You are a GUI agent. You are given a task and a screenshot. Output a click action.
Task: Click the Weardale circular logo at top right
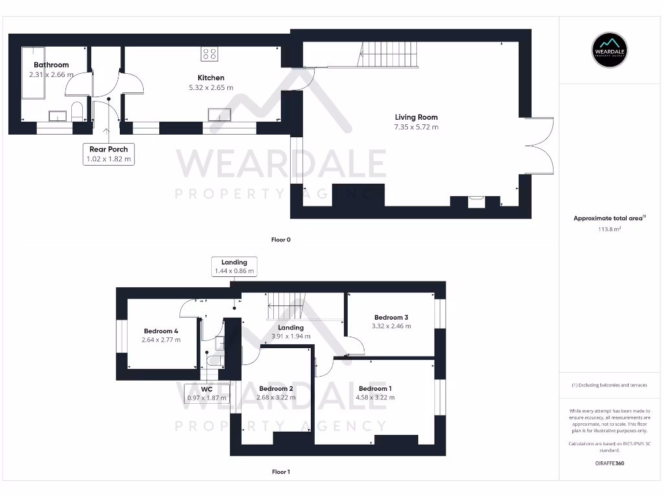click(x=610, y=50)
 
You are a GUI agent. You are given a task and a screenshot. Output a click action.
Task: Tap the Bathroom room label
click(x=51, y=65)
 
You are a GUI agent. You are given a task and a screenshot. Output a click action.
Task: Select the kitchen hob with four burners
click(x=209, y=54)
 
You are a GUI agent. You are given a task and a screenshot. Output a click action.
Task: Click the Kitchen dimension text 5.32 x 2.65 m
click(x=211, y=87)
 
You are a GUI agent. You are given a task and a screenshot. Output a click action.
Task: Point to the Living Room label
click(x=416, y=117)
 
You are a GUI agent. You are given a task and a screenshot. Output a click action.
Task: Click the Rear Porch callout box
click(x=109, y=154)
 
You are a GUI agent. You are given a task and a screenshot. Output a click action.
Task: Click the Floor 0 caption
click(x=281, y=240)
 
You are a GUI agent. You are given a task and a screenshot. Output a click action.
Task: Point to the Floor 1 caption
click(x=281, y=472)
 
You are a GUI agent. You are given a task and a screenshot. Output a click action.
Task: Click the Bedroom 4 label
click(x=161, y=331)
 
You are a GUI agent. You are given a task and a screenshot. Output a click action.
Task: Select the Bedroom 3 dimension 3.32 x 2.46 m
click(x=391, y=326)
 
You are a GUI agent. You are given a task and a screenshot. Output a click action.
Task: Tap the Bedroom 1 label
click(x=375, y=388)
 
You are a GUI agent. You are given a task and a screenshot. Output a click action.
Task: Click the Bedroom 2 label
click(x=276, y=388)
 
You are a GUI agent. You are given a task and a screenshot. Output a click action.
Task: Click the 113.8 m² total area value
click(x=609, y=228)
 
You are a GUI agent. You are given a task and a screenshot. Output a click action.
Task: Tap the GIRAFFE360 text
click(x=609, y=463)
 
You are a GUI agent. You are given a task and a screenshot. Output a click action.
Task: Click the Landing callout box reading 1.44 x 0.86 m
click(x=234, y=267)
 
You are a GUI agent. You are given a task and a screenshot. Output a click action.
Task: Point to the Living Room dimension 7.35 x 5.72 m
click(x=416, y=127)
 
